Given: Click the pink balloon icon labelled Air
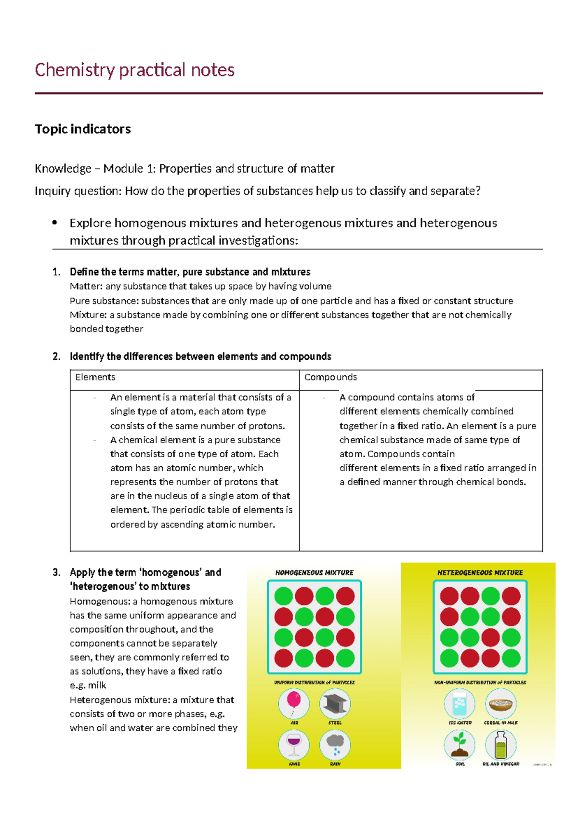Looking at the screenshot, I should click(294, 703).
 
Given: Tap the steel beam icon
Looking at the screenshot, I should click(335, 703).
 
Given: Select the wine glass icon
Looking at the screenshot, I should click(294, 744).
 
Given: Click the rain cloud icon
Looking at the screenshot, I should click(335, 744).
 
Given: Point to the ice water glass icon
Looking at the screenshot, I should click(460, 703).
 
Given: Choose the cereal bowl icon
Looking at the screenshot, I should click(500, 703).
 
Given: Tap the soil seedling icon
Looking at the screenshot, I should click(460, 744).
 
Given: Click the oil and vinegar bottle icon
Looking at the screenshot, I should click(500, 744).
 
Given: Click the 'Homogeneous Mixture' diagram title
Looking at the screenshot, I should click(314, 573).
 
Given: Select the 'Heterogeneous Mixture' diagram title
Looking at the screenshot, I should click(480, 573).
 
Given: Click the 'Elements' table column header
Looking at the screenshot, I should click(95, 377).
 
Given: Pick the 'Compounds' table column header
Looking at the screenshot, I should click(330, 377).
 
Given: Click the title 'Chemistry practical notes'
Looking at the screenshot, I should click(134, 70).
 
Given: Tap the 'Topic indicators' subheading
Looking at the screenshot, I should click(83, 129).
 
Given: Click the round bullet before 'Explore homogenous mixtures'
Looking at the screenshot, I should click(54, 223).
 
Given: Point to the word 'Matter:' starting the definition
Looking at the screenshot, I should click(86, 286).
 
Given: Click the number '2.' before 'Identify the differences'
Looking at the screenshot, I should click(57, 356).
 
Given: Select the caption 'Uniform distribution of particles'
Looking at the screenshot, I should click(314, 683).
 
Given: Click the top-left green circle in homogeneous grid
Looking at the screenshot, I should click(284, 596).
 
